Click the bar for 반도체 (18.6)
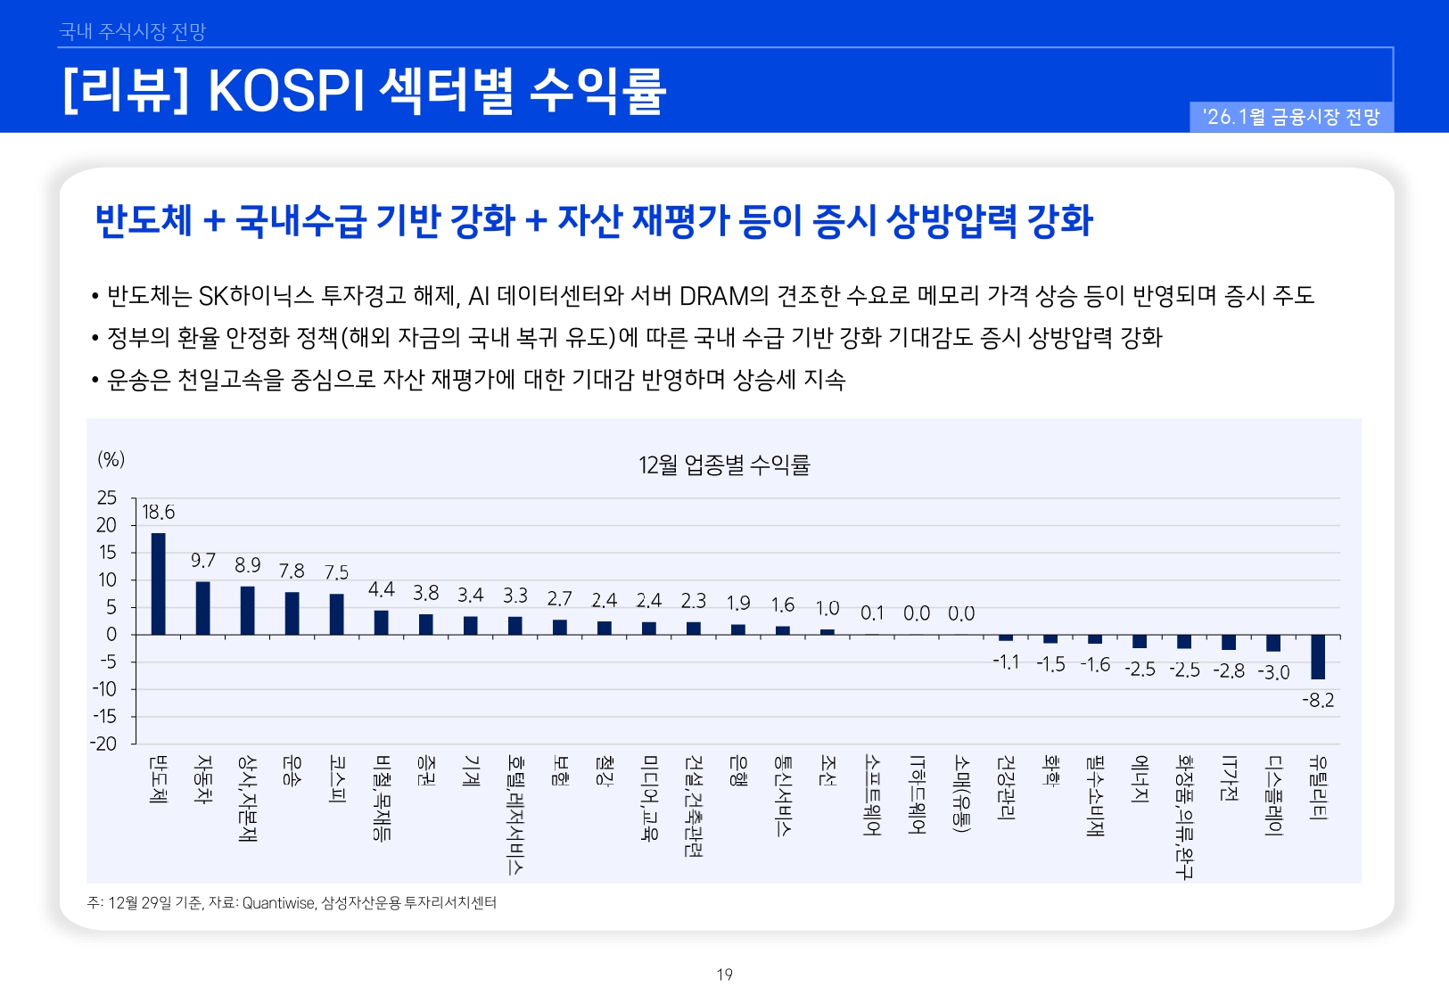coord(158,584)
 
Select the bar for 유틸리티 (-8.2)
coord(1318,657)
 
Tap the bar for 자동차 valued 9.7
coord(202,608)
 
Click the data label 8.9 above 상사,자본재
coord(248,565)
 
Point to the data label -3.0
coord(1273,672)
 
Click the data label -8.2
coord(1318,701)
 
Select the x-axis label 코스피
coord(337,779)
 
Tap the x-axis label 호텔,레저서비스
coord(515,814)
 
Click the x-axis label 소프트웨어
coord(872,795)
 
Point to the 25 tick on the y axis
coord(107,497)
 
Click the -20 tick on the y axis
coord(103,744)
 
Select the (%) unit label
coord(111,459)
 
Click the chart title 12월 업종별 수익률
coord(723,465)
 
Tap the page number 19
coord(724,974)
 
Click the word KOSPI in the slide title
coord(286,90)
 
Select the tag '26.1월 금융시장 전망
coord(1290,117)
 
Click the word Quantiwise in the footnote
coord(279,903)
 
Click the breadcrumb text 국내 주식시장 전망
coord(132,31)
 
